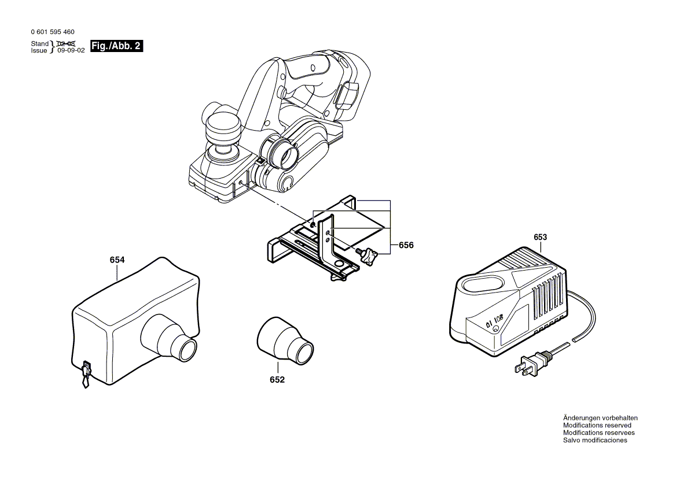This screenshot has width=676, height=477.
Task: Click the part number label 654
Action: (x=117, y=260)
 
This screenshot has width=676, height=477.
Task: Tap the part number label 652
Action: (x=277, y=380)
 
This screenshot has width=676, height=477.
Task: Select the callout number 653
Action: (x=540, y=237)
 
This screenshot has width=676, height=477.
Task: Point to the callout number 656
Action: (x=406, y=245)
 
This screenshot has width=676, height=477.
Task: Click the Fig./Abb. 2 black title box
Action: (x=116, y=46)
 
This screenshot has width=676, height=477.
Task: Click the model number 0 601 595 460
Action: (x=52, y=32)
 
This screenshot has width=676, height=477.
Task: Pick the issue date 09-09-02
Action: (x=71, y=51)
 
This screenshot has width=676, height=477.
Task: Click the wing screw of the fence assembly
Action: (x=368, y=256)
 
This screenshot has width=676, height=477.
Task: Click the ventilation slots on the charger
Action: (x=547, y=298)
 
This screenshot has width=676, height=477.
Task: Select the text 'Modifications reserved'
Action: (x=597, y=426)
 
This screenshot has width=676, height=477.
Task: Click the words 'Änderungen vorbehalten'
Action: (x=600, y=418)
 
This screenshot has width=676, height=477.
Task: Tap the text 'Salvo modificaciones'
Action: (x=595, y=441)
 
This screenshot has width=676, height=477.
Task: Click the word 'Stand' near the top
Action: (x=40, y=44)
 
